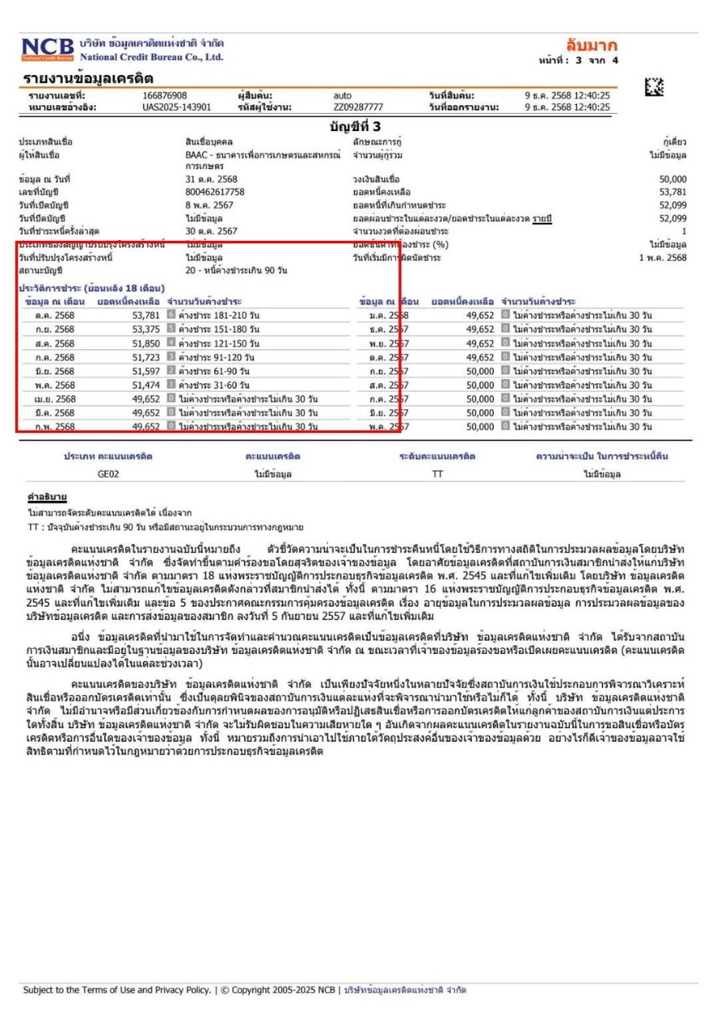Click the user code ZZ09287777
(x=358, y=107)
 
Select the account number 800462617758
(x=215, y=192)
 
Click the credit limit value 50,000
(x=673, y=179)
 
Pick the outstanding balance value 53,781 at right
(x=673, y=192)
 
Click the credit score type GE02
(x=108, y=475)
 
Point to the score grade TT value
(x=437, y=475)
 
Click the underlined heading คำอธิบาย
(x=47, y=498)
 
